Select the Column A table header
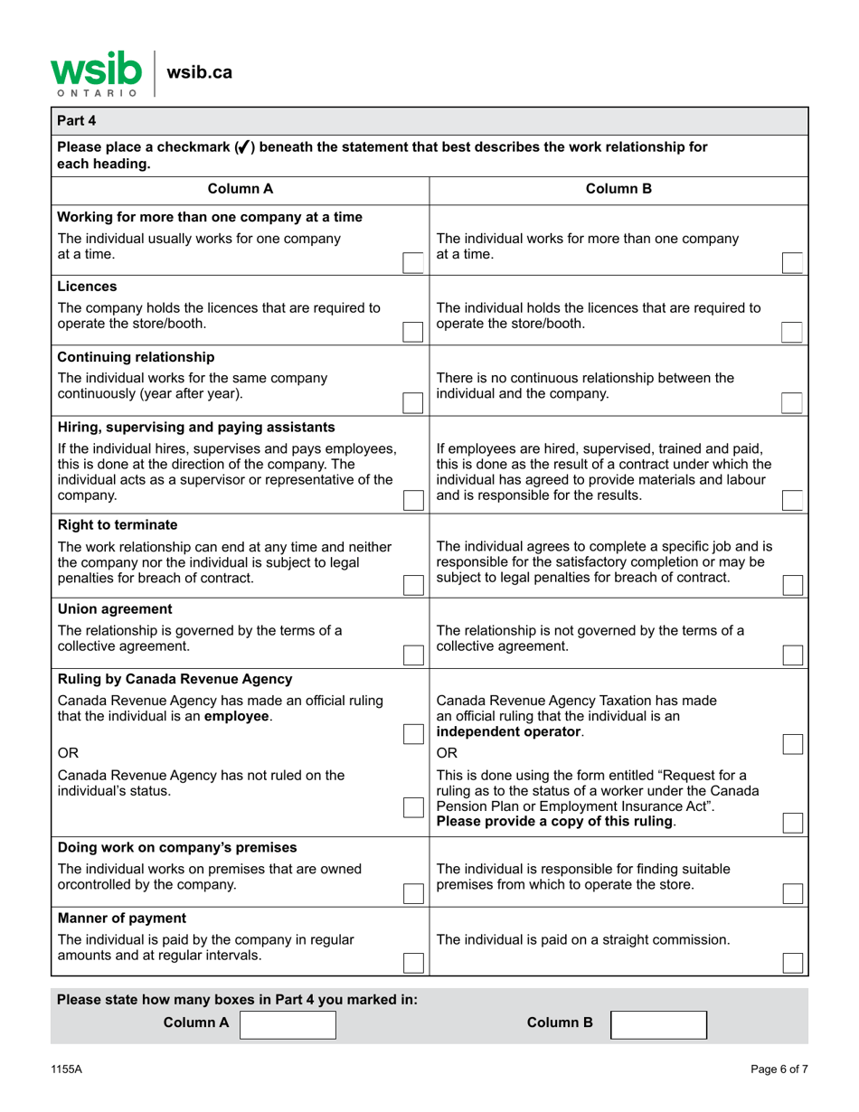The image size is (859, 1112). coord(241,189)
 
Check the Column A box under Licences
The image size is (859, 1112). coord(412,331)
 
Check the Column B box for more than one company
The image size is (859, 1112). coord(791,262)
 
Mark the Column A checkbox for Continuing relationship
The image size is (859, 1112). coord(412,401)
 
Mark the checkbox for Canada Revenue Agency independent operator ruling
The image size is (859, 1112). coord(791,743)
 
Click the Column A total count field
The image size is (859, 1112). coord(288,1024)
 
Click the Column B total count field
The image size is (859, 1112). coord(659,1024)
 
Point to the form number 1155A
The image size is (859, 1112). coord(67,1069)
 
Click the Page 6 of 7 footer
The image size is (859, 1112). coord(779,1069)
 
